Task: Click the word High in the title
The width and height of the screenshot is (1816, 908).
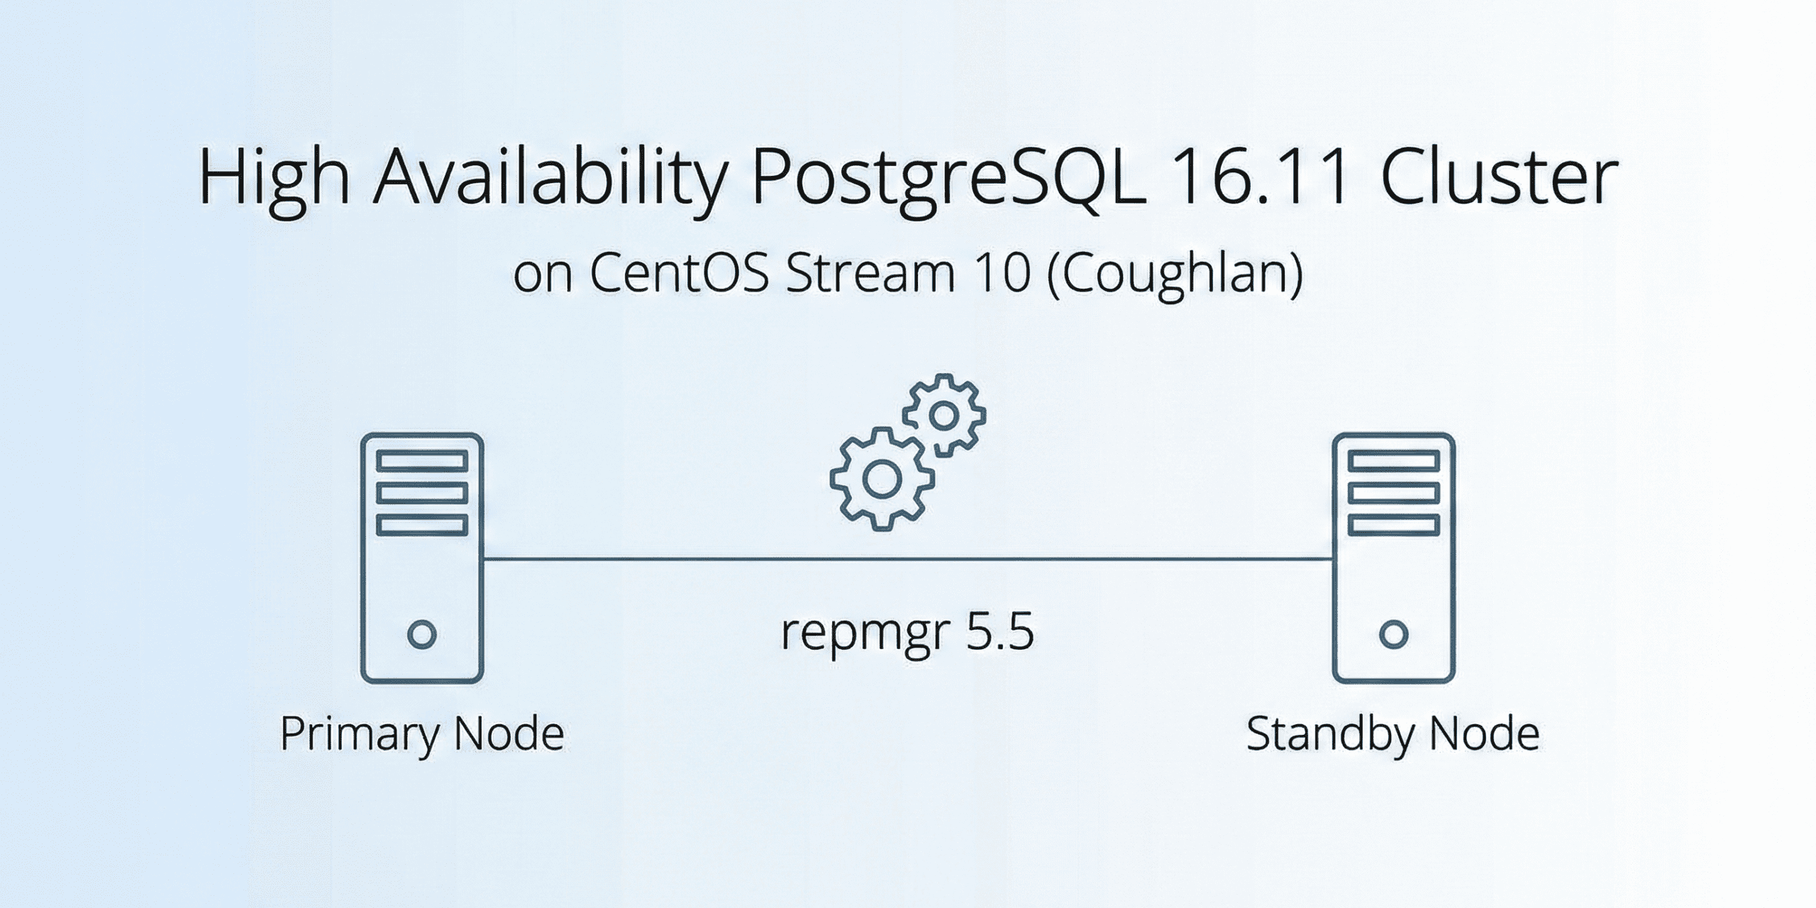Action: point(273,177)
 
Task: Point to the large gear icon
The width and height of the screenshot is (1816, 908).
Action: point(881,480)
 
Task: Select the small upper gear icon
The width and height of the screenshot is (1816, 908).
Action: point(943,416)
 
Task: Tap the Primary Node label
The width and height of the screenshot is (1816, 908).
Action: point(422,734)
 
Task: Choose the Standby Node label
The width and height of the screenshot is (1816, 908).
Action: point(1393,734)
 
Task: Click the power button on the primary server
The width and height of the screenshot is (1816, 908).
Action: point(422,634)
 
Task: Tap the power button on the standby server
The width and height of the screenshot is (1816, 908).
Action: point(1393,634)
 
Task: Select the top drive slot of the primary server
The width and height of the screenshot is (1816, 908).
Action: point(422,461)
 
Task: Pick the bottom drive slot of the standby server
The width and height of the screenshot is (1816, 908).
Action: point(1393,526)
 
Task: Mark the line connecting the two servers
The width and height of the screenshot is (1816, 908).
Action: point(907,559)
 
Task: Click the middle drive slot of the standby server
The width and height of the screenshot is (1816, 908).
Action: point(1393,493)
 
